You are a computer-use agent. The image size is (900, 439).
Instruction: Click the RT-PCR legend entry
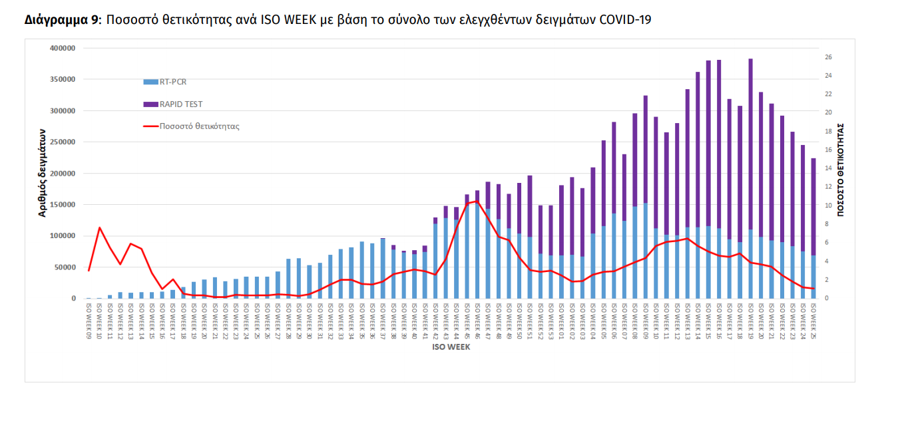tap(172, 82)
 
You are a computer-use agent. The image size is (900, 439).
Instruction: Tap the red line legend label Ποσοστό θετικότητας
tap(199, 126)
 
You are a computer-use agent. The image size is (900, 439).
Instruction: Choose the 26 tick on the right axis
tap(828, 57)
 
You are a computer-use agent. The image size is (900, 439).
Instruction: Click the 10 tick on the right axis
tap(828, 206)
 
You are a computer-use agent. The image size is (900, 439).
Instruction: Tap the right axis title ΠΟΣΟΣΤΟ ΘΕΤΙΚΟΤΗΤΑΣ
tap(841, 169)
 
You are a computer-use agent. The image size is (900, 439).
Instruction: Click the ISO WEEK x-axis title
tap(451, 347)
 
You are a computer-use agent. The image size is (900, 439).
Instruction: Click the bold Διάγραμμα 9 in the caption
tap(61, 20)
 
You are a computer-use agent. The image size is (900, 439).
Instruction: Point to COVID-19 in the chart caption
tap(625, 20)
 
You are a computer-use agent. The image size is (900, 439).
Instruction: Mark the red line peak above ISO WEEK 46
tap(477, 201)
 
